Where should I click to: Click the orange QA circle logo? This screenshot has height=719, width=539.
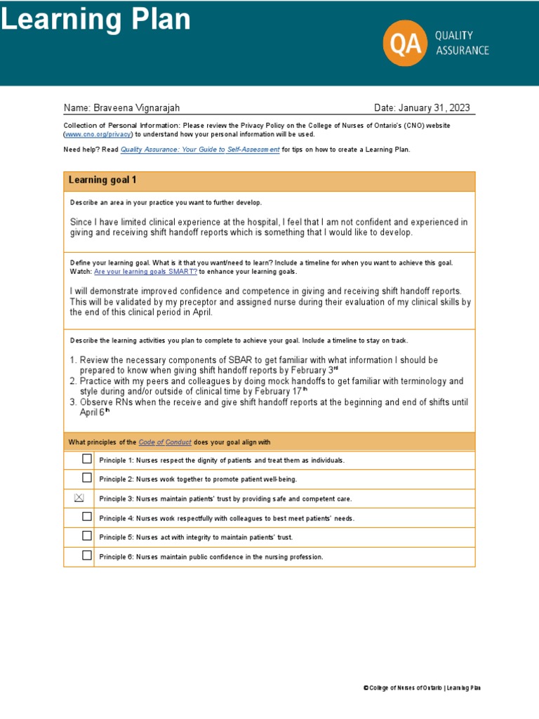(x=405, y=42)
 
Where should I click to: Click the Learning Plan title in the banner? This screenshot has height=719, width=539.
(x=95, y=20)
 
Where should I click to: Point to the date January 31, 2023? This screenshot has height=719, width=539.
(x=434, y=107)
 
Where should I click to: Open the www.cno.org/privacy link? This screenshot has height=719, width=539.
(x=98, y=134)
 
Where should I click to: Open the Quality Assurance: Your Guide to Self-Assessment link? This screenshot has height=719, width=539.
(x=200, y=150)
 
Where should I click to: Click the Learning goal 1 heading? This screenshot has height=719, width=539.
(x=102, y=180)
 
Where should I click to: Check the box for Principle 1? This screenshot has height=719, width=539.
(x=86, y=459)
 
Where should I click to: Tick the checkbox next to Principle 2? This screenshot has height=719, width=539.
(x=86, y=478)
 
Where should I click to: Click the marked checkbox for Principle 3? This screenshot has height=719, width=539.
(x=79, y=498)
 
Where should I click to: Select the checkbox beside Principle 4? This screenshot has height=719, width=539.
(x=86, y=517)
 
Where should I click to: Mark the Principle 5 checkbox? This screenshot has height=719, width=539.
(x=86, y=536)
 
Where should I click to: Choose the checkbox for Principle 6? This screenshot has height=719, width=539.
(x=86, y=555)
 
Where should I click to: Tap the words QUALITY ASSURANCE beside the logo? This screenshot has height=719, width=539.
(x=462, y=42)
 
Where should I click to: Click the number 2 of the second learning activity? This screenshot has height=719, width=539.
(x=72, y=381)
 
